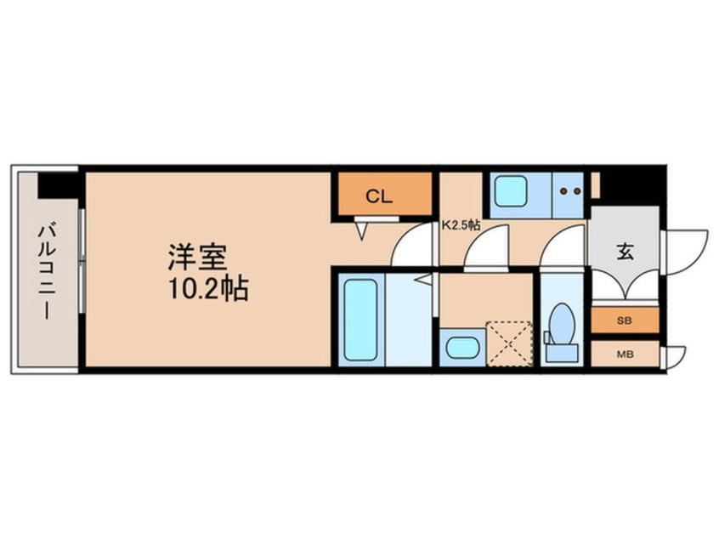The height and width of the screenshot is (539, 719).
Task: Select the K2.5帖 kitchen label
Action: [461, 226]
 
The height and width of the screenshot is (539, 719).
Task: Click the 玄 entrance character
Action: [625, 252]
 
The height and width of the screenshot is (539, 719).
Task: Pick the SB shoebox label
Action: [625, 321]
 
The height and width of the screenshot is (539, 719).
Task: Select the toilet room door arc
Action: [563, 248]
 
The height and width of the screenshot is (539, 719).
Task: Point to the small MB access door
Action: [676, 356]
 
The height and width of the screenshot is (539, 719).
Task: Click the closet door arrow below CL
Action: [362, 228]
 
